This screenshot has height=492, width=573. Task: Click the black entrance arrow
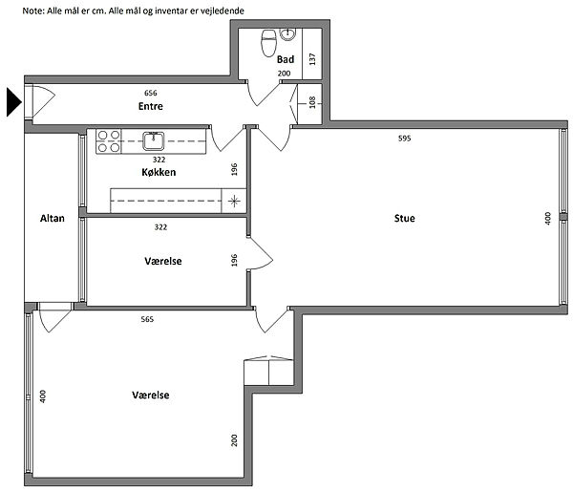pos(14,102)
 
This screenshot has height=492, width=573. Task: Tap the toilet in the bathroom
pos(268,43)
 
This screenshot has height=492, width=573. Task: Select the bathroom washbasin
pos(288,34)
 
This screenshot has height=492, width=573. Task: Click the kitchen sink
pos(153,140)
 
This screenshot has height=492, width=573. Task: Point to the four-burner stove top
pos(109,141)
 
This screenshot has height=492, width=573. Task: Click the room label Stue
pos(405,218)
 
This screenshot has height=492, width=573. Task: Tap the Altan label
pos(53,218)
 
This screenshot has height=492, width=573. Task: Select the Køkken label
pos(159,172)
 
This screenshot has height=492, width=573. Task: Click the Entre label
pos(151,106)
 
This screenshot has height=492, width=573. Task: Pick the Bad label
pos(286,59)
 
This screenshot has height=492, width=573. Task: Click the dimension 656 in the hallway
pos(151,94)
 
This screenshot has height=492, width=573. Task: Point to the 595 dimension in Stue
pos(405,139)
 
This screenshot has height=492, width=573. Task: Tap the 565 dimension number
pos(147,319)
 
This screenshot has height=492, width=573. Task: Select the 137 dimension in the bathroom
pos(312,59)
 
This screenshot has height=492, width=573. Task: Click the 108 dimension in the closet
pos(312,102)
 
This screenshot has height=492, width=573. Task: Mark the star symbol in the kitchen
pos(234,201)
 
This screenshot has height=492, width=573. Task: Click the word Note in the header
pos(33,11)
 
